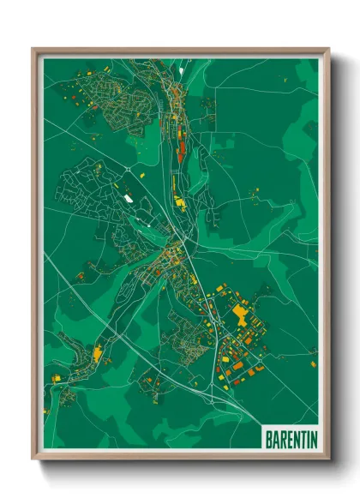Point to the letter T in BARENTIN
(297, 436)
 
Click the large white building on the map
(128, 198)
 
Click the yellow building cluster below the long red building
(180, 202)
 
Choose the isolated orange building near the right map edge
(312, 351)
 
